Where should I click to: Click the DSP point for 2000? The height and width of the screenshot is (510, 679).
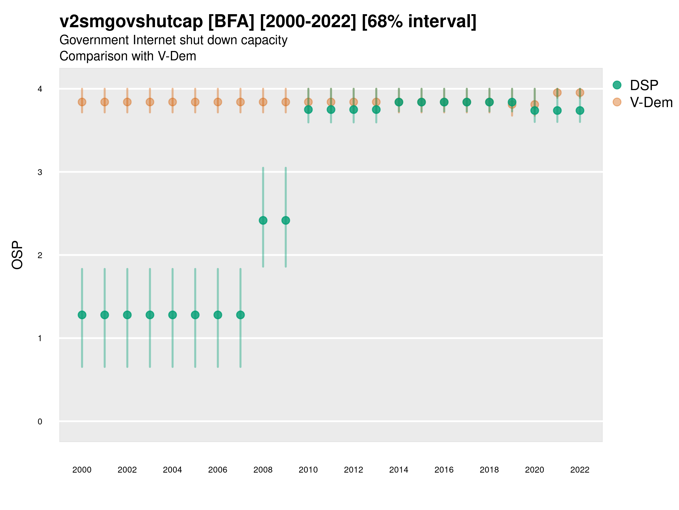82,315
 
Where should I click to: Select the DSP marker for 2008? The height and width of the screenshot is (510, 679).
263,220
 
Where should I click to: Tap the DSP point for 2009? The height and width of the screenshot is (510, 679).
286,220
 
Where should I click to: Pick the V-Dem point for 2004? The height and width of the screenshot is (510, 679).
173,102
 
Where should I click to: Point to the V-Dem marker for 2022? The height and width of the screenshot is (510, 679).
580,93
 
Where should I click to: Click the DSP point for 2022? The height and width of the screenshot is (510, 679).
580,110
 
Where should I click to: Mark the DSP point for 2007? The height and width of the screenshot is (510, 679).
240,315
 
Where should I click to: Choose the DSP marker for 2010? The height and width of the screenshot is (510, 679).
308,109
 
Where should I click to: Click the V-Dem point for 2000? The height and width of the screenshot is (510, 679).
82,102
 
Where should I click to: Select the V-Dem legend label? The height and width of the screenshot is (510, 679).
651,102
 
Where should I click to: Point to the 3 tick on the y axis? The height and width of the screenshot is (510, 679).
40,172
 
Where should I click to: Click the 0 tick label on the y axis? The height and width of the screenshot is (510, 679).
40,422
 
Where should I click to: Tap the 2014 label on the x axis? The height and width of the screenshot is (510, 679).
399,470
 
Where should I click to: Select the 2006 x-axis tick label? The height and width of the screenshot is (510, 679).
218,470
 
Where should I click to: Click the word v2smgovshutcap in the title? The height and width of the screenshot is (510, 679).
131,22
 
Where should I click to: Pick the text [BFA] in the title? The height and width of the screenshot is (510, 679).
231,22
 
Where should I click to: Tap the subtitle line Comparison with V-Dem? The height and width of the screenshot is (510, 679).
128,56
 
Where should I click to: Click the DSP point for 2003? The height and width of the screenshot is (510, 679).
150,315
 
